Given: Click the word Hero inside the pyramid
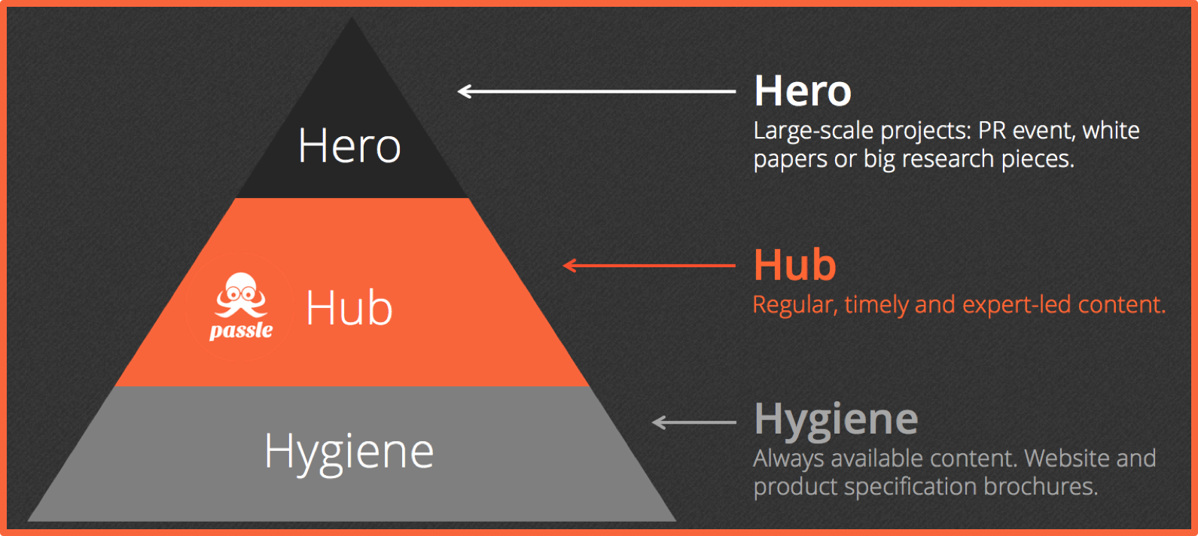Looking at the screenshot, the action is click(x=349, y=145).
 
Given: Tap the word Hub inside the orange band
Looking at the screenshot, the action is click(x=349, y=308).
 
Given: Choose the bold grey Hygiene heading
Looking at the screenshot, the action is click(x=836, y=420).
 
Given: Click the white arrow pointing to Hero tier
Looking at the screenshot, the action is click(x=596, y=92).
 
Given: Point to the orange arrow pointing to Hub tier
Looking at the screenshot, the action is click(x=649, y=265).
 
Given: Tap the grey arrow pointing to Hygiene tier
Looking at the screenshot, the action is click(x=694, y=422).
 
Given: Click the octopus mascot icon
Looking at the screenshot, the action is click(x=240, y=296).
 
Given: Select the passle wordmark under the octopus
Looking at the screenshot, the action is click(x=241, y=331).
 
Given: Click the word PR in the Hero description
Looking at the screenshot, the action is click(x=992, y=130).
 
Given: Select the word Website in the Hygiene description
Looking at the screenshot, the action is click(x=1062, y=458).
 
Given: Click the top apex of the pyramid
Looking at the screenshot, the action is click(x=352, y=17).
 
